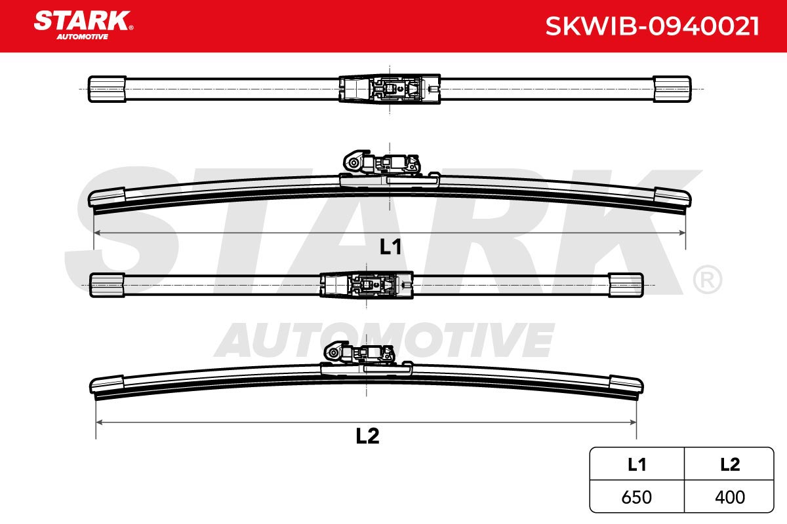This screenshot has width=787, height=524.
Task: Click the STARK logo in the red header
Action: [83, 25]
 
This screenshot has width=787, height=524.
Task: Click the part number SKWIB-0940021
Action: [652, 26]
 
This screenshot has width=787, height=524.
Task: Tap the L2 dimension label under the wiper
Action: [367, 436]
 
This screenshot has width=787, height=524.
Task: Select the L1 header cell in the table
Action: [637, 464]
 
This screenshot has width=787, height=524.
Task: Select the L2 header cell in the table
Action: [729, 464]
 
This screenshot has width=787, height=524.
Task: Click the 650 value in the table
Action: [636, 497]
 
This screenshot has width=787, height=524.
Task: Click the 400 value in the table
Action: [730, 497]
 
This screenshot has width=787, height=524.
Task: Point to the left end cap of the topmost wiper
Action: [107, 89]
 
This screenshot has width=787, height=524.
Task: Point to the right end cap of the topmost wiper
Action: [672, 89]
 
